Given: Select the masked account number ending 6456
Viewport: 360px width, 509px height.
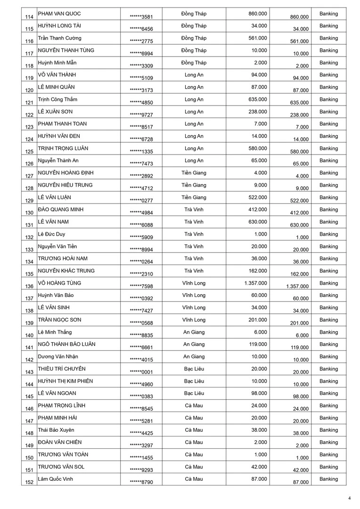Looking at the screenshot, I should [x=141, y=29].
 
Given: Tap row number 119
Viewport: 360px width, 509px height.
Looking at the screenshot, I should [x=29, y=78].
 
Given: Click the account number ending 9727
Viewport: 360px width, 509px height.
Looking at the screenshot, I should [x=141, y=115].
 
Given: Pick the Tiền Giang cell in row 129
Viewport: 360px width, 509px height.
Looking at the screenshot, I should [x=194, y=197].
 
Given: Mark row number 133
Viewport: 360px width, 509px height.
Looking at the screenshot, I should [x=29, y=250].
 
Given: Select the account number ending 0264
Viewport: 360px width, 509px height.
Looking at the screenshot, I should [x=141, y=262].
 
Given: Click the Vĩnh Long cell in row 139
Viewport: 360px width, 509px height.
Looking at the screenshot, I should [x=194, y=320].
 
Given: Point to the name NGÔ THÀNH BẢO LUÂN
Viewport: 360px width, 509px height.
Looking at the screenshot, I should [x=66, y=345].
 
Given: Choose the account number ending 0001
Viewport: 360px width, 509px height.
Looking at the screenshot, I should [x=141, y=372].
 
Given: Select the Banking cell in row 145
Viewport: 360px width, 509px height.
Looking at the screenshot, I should [x=328, y=394].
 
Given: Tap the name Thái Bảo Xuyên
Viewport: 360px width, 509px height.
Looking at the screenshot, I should [x=56, y=430].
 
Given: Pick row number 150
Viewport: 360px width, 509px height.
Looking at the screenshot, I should [x=29, y=458].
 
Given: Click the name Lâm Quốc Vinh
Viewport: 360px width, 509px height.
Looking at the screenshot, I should [x=56, y=479].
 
